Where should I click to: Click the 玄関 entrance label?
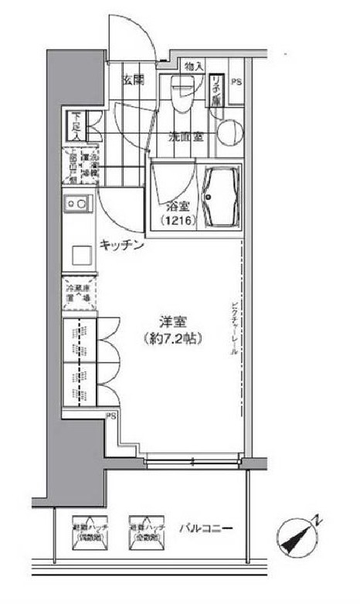[x=134, y=79]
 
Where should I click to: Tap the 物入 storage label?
[x=195, y=67]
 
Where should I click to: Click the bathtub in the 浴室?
[x=221, y=198]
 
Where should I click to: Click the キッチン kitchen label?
[x=121, y=246]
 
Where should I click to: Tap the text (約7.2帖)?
[x=171, y=338]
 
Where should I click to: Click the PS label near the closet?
[x=111, y=416]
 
